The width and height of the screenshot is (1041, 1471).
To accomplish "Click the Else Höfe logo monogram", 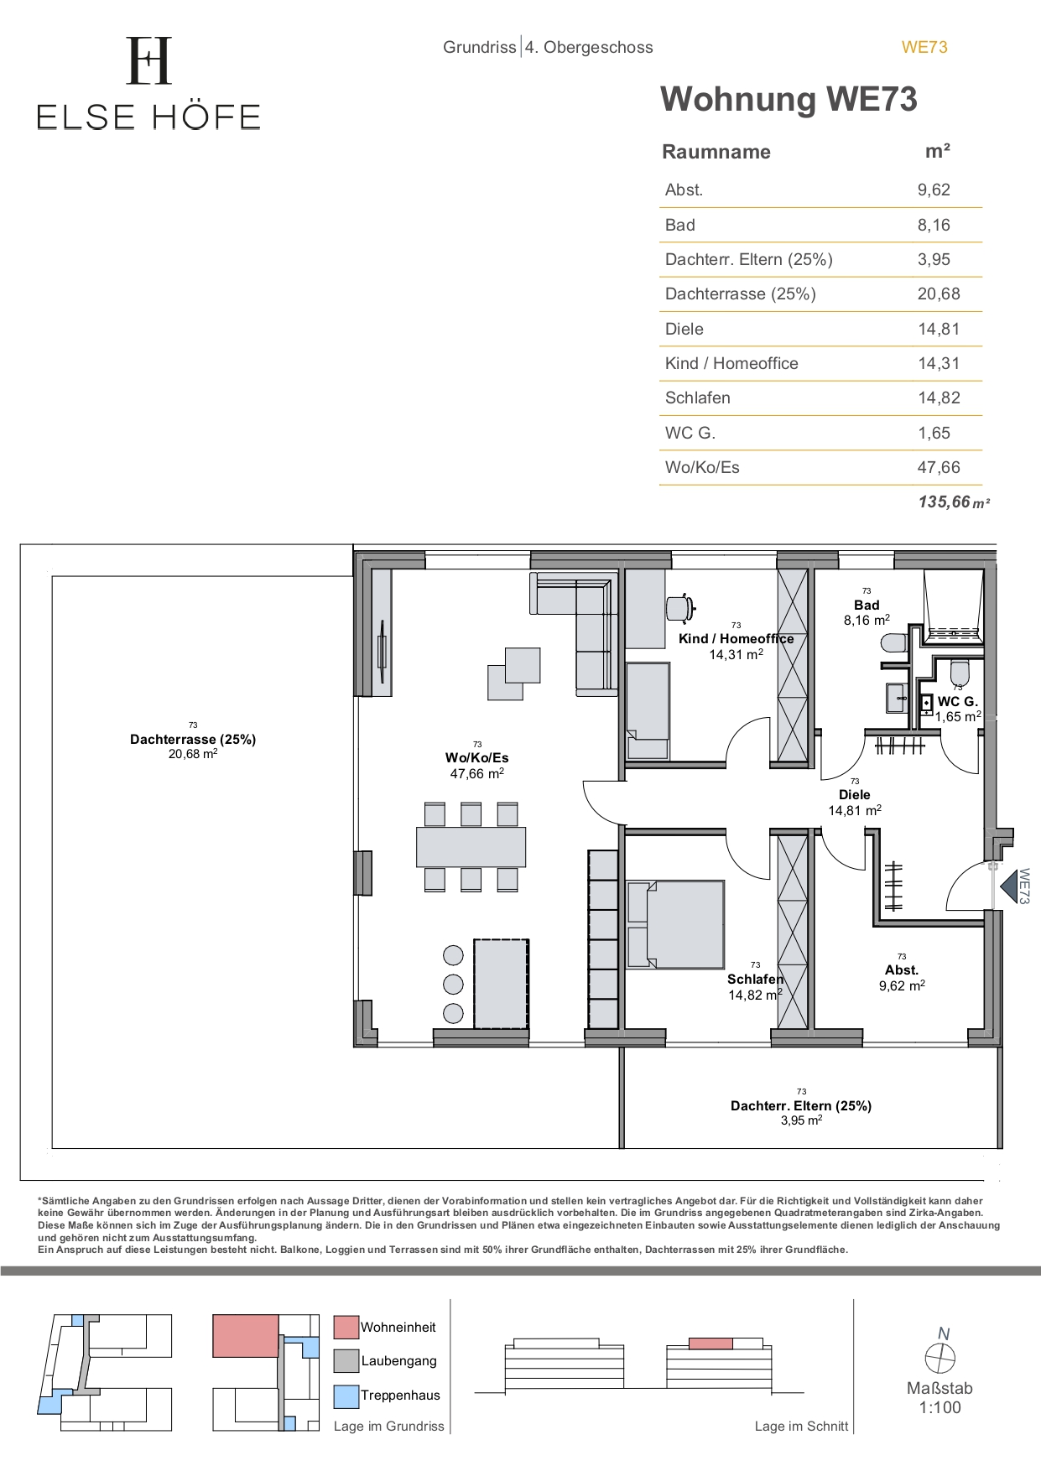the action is tap(149, 60).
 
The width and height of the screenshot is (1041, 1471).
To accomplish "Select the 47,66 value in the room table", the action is tap(939, 468).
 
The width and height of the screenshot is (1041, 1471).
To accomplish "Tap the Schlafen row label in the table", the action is tap(697, 398).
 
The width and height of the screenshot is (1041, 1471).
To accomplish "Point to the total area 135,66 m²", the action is tap(954, 502).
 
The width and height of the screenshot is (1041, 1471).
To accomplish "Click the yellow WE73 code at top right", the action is tap(924, 48).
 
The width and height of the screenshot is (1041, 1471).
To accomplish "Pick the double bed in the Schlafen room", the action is tap(675, 924).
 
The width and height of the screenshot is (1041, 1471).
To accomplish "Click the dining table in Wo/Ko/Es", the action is tap(471, 847).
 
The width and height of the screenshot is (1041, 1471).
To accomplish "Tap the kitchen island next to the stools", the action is tap(501, 984).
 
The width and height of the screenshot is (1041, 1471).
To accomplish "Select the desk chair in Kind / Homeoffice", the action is tap(680, 608).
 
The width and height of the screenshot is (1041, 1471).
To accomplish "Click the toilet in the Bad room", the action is tap(894, 643).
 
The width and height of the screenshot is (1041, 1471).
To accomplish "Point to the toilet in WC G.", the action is tap(960, 673).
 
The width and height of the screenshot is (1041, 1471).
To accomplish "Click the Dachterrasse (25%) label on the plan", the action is tap(193, 740).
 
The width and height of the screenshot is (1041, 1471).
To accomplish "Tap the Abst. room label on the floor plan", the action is tap(902, 970).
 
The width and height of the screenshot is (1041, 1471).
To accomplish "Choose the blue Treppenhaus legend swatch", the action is tap(346, 1396).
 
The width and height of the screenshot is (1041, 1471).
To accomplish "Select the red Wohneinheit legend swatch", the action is tap(346, 1328).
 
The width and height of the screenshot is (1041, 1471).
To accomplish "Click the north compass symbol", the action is tap(940, 1357).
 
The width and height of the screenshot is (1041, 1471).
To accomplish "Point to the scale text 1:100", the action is tap(940, 1408).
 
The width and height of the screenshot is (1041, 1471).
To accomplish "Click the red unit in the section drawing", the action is tap(710, 1344).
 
